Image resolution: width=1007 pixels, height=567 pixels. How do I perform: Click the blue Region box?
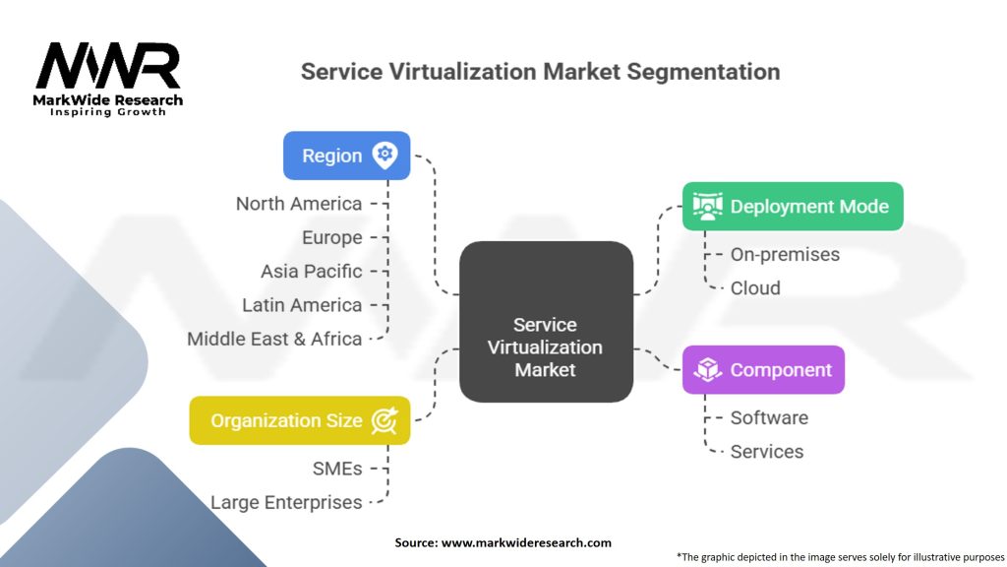pyautogui.click(x=347, y=156)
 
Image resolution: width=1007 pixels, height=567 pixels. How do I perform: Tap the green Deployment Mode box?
pyautogui.click(x=793, y=207)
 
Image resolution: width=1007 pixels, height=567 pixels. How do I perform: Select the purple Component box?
pyautogui.click(x=763, y=370)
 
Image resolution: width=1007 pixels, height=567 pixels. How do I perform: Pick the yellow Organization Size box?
pyautogui.click(x=299, y=420)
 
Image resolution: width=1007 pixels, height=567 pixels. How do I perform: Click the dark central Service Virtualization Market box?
pyautogui.click(x=546, y=322)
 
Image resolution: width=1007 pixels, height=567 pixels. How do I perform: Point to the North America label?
pyautogui.click(x=299, y=204)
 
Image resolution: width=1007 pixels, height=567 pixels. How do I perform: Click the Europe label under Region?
pyautogui.click(x=332, y=238)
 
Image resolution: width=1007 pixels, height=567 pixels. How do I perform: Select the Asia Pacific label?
pyautogui.click(x=312, y=272)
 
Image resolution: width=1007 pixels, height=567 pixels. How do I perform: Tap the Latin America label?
pyautogui.click(x=302, y=305)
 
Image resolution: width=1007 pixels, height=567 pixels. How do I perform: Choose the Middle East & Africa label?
pyautogui.click(x=274, y=339)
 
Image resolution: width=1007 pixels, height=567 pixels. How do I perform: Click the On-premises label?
pyautogui.click(x=785, y=255)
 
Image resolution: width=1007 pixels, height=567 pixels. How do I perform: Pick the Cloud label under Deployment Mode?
pyautogui.click(x=755, y=288)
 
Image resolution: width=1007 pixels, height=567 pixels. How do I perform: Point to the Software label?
pyautogui.click(x=769, y=417)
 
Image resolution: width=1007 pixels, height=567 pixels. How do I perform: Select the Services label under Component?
pyautogui.click(x=767, y=451)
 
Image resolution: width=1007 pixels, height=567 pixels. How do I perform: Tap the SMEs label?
pyautogui.click(x=337, y=469)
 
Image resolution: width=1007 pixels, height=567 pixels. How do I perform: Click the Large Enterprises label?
pyautogui.click(x=286, y=502)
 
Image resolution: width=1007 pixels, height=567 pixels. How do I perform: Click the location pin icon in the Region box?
pyautogui.click(x=385, y=156)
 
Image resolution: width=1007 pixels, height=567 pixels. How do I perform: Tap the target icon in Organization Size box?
pyautogui.click(x=385, y=420)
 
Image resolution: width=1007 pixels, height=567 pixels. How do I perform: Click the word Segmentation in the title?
pyautogui.click(x=703, y=71)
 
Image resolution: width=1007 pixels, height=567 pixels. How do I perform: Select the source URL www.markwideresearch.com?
pyautogui.click(x=526, y=542)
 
